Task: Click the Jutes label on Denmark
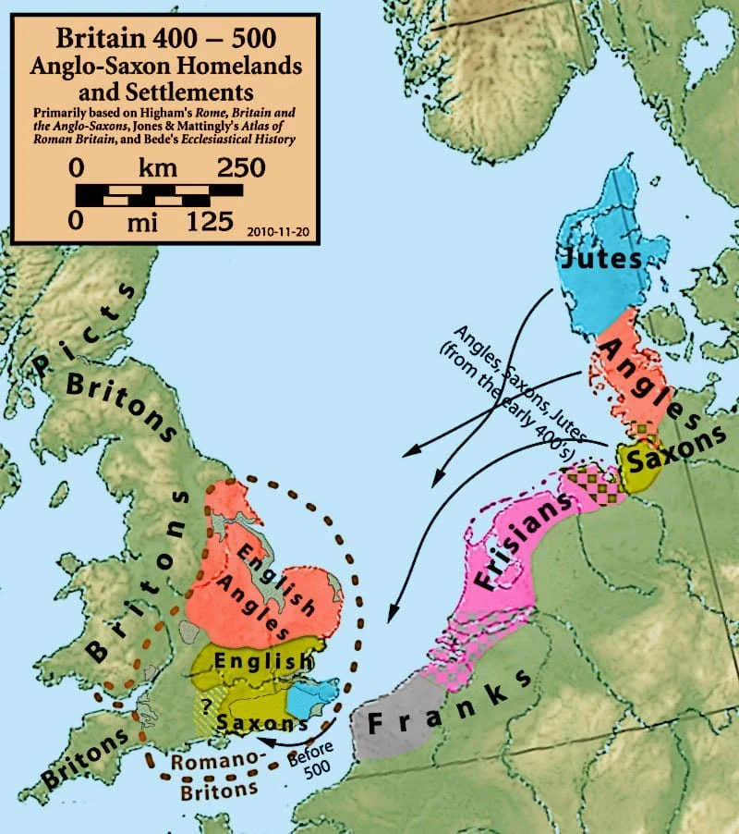point(601,259)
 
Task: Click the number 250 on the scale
point(239,168)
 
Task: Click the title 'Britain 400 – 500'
point(164,39)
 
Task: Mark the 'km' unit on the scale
point(159,168)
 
